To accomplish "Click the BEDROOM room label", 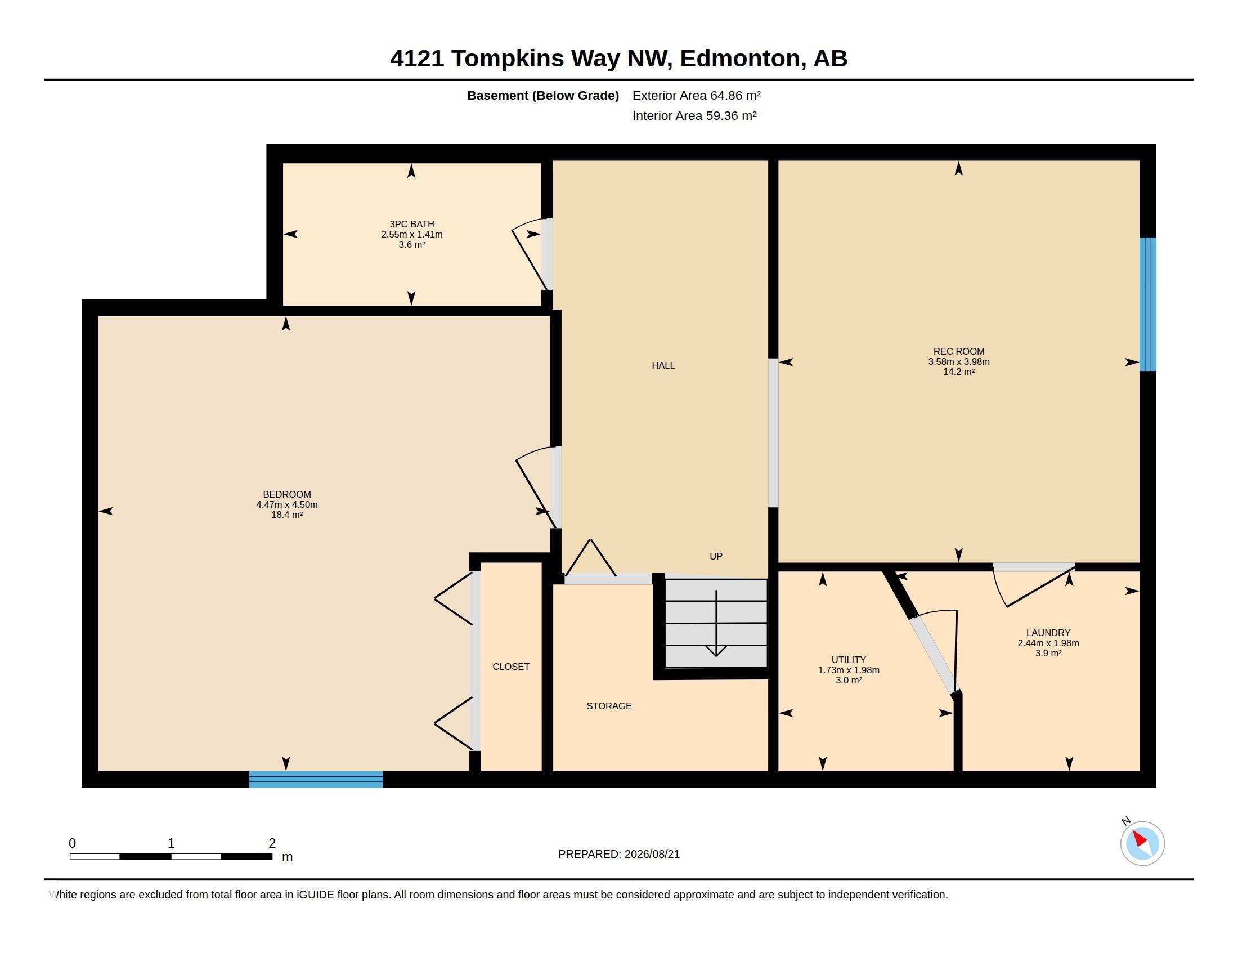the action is (x=287, y=494).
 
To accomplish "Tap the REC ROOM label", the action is (x=958, y=351).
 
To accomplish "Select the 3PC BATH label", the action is (x=411, y=224).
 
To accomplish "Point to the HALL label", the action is (x=663, y=366).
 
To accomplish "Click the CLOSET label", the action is (x=511, y=667).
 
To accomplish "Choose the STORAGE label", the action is (x=609, y=706).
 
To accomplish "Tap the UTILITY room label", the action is (x=849, y=660).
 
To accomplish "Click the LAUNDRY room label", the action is (x=1048, y=633).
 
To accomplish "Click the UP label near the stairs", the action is (x=716, y=556).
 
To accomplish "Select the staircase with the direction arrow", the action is (x=716, y=624).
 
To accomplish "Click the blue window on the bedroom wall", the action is (x=316, y=780).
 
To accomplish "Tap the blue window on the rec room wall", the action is (x=1148, y=304).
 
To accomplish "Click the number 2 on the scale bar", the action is (x=272, y=843).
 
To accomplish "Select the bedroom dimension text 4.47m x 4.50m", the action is (x=287, y=504).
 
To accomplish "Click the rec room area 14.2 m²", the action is (x=958, y=372).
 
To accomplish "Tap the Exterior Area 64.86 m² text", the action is (x=697, y=95).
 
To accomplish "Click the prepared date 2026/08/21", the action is (x=652, y=854).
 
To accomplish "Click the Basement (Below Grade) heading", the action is (x=542, y=96).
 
